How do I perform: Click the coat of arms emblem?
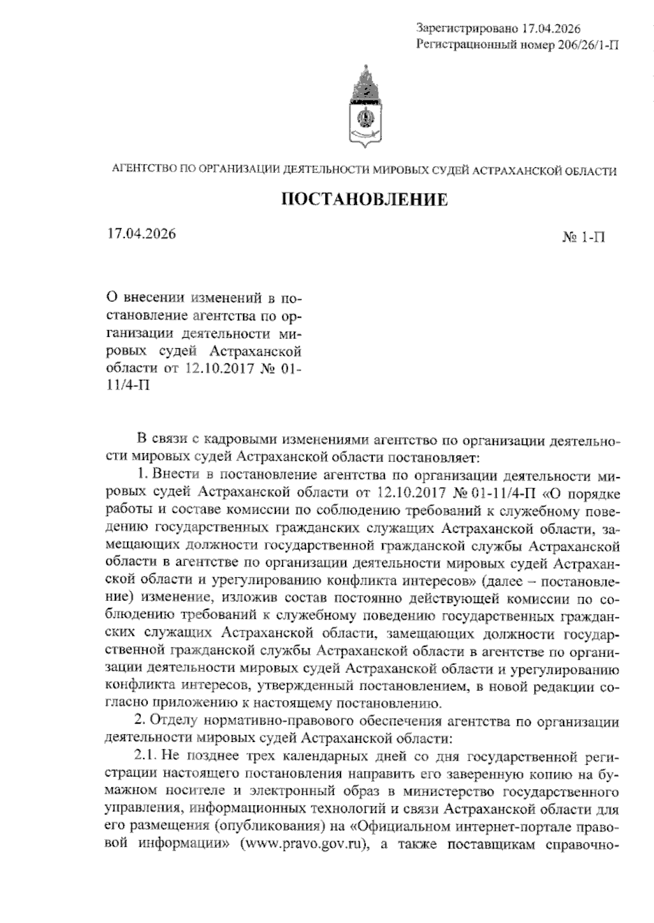click(x=364, y=108)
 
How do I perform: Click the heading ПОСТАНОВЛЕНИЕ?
click(x=364, y=200)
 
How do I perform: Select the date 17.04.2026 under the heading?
click(x=142, y=234)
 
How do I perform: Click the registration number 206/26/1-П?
click(x=589, y=45)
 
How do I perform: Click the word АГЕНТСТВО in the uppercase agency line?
click(x=144, y=171)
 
